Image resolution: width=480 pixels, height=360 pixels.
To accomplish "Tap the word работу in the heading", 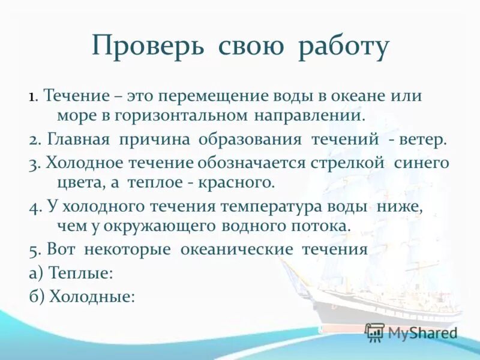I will [x=344, y=48].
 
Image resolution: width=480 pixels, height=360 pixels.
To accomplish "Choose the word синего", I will [x=422, y=163].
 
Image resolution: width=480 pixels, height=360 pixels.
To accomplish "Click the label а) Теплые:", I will [x=71, y=273].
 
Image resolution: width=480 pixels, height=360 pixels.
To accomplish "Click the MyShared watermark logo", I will [x=412, y=332].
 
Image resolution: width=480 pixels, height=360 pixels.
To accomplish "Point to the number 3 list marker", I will [x=33, y=163].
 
